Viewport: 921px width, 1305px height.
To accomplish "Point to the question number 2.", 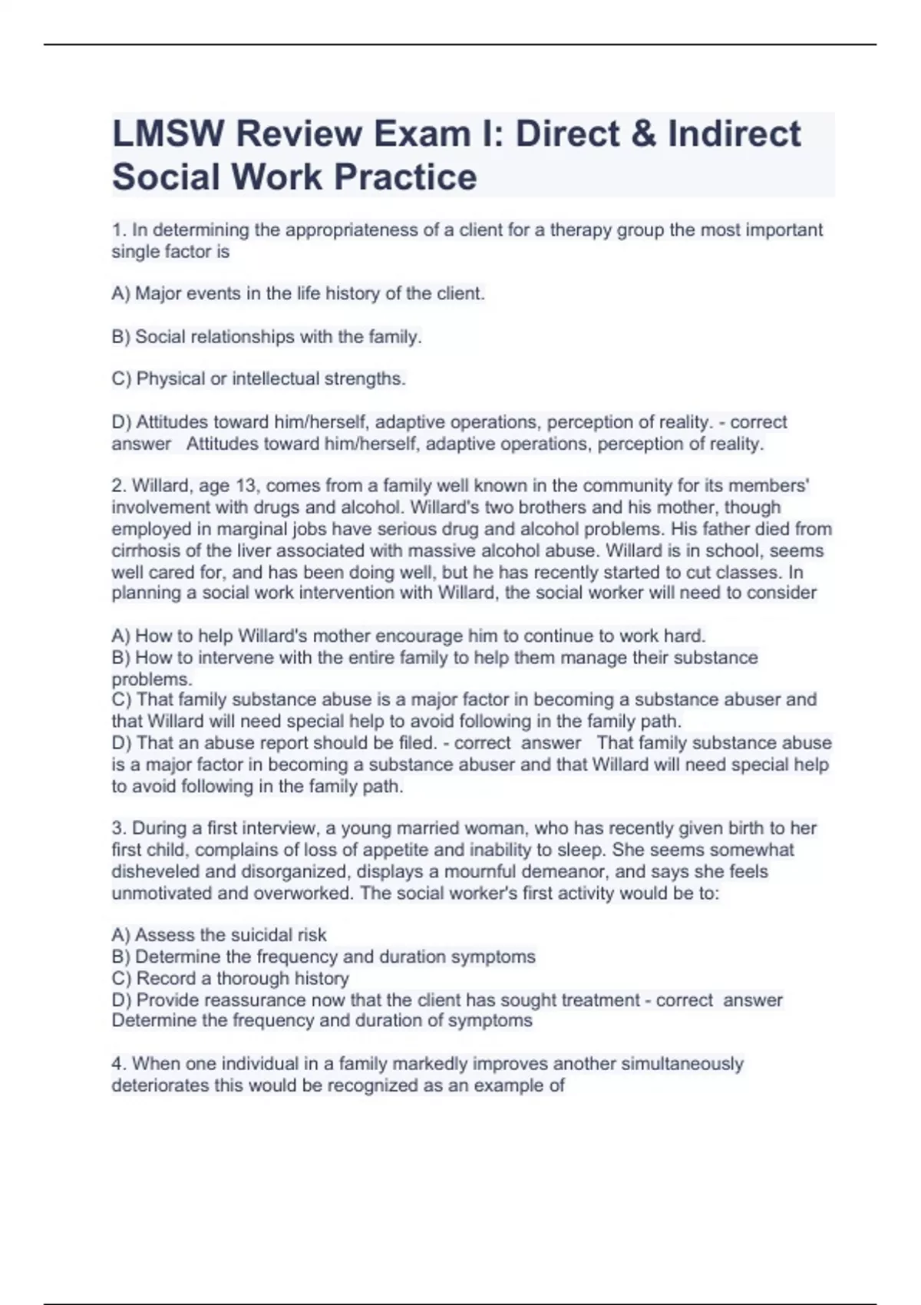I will click(x=118, y=486).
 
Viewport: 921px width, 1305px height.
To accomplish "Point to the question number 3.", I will click(x=118, y=828).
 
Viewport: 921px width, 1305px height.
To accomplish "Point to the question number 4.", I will click(x=118, y=1064).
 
